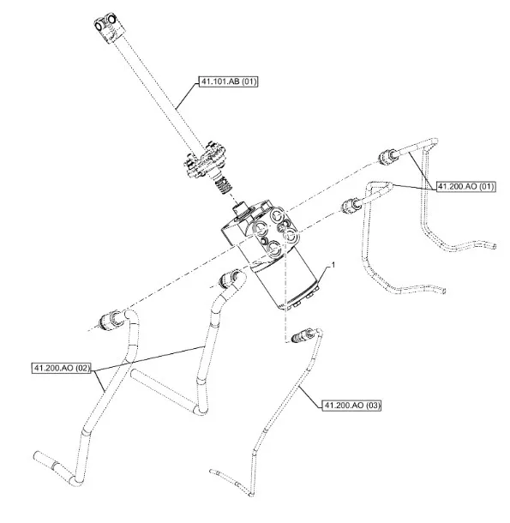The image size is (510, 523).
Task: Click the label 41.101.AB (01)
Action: (229, 81)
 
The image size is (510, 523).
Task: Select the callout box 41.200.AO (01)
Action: (466, 186)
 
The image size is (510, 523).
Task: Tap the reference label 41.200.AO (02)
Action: (62, 368)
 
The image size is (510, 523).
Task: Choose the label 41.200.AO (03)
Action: (351, 405)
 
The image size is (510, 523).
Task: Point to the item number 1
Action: (333, 265)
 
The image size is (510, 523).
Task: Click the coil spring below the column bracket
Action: (223, 186)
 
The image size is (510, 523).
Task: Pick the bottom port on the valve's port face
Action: (274, 249)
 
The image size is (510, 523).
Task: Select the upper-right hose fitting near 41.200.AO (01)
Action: (387, 156)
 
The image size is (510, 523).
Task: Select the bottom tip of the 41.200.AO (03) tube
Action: (252, 495)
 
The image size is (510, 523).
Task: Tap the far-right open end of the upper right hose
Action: (494, 246)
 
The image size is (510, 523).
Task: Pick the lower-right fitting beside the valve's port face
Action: (350, 205)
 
